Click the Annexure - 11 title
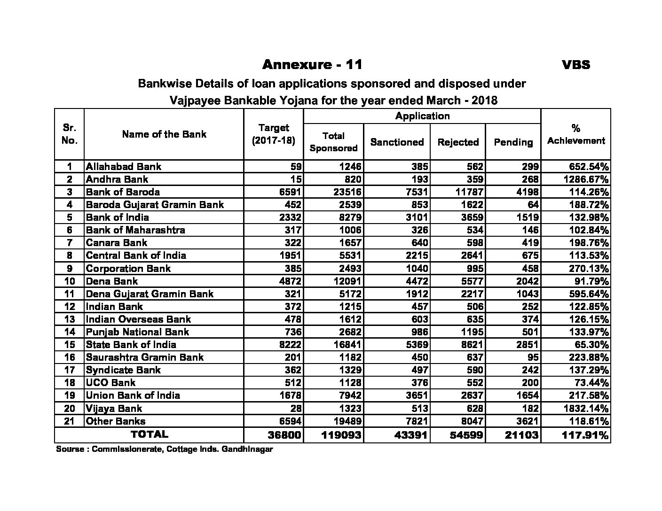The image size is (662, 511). (312, 64)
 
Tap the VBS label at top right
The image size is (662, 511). (576, 65)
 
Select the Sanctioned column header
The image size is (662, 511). (397, 142)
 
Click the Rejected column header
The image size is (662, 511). (458, 142)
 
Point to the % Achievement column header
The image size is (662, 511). (576, 134)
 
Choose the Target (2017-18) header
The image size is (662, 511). (274, 134)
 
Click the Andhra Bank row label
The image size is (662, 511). (117, 179)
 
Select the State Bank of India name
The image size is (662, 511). (131, 344)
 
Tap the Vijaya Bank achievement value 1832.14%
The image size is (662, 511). (586, 408)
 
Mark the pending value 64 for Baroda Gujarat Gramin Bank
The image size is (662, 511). (533, 204)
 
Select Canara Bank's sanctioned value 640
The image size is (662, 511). (419, 242)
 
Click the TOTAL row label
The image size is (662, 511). (149, 434)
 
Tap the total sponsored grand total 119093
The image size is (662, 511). (341, 435)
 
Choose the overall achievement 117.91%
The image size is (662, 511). (585, 435)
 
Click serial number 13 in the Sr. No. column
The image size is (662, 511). (70, 319)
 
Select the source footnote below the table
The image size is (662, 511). (165, 449)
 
